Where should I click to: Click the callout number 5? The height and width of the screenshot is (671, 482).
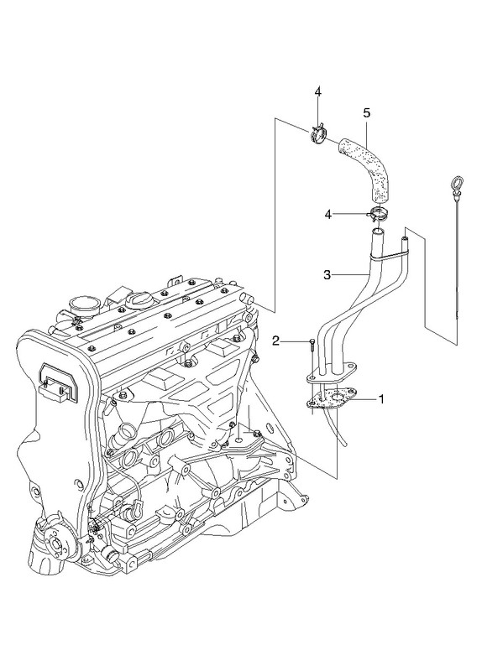tap(366, 113)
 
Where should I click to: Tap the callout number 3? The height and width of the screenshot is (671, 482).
tap(327, 275)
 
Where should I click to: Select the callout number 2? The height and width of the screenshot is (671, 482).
tap(276, 341)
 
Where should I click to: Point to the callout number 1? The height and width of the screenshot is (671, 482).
tap(380, 399)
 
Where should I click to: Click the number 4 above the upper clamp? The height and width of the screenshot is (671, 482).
tap(317, 91)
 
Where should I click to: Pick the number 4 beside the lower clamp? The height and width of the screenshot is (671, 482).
tap(327, 215)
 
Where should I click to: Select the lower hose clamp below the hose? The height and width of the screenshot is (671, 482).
tap(376, 214)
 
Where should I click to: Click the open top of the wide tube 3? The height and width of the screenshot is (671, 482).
tap(377, 232)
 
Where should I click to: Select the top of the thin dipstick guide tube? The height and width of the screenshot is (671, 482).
tap(406, 237)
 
